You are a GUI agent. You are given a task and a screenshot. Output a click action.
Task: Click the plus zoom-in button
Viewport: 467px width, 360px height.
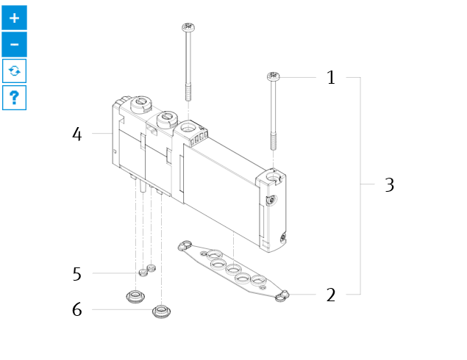(14, 18)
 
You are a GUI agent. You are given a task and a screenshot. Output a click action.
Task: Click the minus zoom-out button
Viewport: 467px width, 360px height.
(14, 44)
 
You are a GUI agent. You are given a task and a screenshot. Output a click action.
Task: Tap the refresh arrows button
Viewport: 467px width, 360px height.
(14, 71)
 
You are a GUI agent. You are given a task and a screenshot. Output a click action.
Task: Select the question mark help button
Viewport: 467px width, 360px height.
(14, 98)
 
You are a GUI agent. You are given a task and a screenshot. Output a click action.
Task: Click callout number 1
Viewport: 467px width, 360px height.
(331, 77)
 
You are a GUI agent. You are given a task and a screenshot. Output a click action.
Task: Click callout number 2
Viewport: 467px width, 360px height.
(331, 295)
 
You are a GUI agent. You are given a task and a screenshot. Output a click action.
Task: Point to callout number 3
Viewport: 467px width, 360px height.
(390, 184)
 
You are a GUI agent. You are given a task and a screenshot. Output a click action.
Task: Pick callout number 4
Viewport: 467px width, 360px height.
(76, 134)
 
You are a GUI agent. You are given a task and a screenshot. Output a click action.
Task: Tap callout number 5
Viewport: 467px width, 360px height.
(76, 274)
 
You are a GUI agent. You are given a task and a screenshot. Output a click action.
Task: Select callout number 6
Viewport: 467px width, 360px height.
(76, 309)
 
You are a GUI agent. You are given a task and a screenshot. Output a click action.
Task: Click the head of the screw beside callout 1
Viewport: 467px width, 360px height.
(273, 76)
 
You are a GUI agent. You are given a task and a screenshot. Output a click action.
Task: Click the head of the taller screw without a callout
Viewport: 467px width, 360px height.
(188, 27)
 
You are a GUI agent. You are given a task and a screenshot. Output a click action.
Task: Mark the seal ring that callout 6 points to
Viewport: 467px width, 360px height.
(161, 312)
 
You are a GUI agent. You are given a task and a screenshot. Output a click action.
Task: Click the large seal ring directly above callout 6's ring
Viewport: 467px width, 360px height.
(135, 296)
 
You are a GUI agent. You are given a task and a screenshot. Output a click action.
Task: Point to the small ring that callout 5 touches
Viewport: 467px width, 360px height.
(143, 273)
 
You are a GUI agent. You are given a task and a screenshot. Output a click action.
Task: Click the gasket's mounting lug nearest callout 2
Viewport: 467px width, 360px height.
(282, 296)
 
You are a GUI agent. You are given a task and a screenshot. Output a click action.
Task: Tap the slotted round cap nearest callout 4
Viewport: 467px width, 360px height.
(141, 104)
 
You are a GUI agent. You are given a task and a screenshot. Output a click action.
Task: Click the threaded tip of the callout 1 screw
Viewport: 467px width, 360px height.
(274, 142)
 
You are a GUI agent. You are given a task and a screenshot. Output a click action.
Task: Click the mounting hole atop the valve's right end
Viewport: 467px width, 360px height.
(273, 178)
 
